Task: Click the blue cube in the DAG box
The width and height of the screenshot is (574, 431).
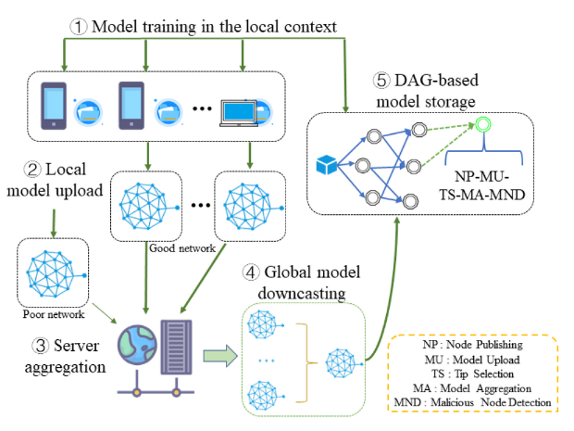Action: point(327,164)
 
